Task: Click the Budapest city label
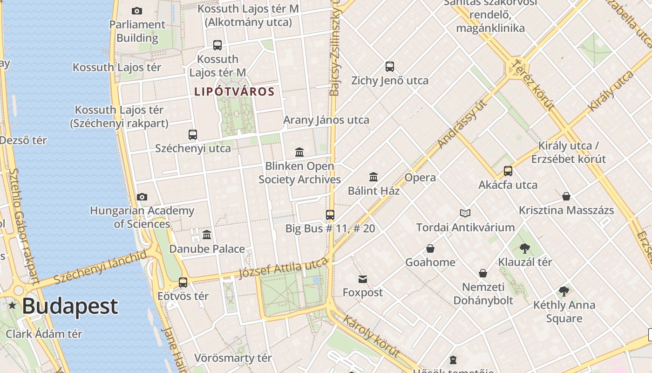tap(70, 306)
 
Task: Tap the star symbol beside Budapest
tap(12, 306)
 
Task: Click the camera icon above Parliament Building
tap(137, 11)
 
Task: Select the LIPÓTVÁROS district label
tap(234, 91)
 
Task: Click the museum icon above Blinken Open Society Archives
tap(299, 152)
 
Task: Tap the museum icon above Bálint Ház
tap(374, 177)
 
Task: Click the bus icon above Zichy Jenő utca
tap(390, 67)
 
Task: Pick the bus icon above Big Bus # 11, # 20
tap(330, 215)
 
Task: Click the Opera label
tap(420, 178)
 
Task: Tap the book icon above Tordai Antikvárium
tap(465, 214)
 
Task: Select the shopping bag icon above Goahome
tap(430, 249)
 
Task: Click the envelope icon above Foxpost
tap(363, 279)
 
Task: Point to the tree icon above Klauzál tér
tap(525, 248)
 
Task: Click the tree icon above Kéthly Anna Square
tap(564, 291)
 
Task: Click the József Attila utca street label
tap(283, 269)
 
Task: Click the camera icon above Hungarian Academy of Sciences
tap(142, 197)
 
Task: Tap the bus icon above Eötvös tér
tap(183, 283)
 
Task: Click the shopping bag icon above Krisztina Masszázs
tap(566, 196)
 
